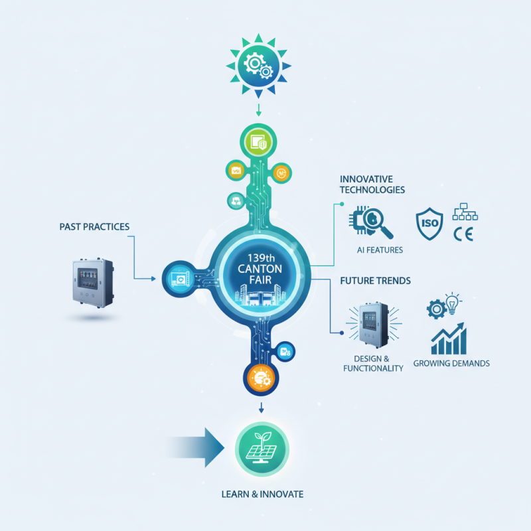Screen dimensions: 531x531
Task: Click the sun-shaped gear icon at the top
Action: point(260,64)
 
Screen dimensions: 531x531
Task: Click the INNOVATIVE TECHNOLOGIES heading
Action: point(372,185)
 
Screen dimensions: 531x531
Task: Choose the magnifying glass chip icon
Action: point(371,223)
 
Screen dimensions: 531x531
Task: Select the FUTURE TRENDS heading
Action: point(375,281)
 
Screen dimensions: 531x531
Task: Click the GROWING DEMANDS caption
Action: point(451,363)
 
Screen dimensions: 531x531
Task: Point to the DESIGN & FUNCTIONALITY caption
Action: point(373,363)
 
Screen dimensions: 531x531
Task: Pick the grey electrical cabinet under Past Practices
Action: point(92,283)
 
